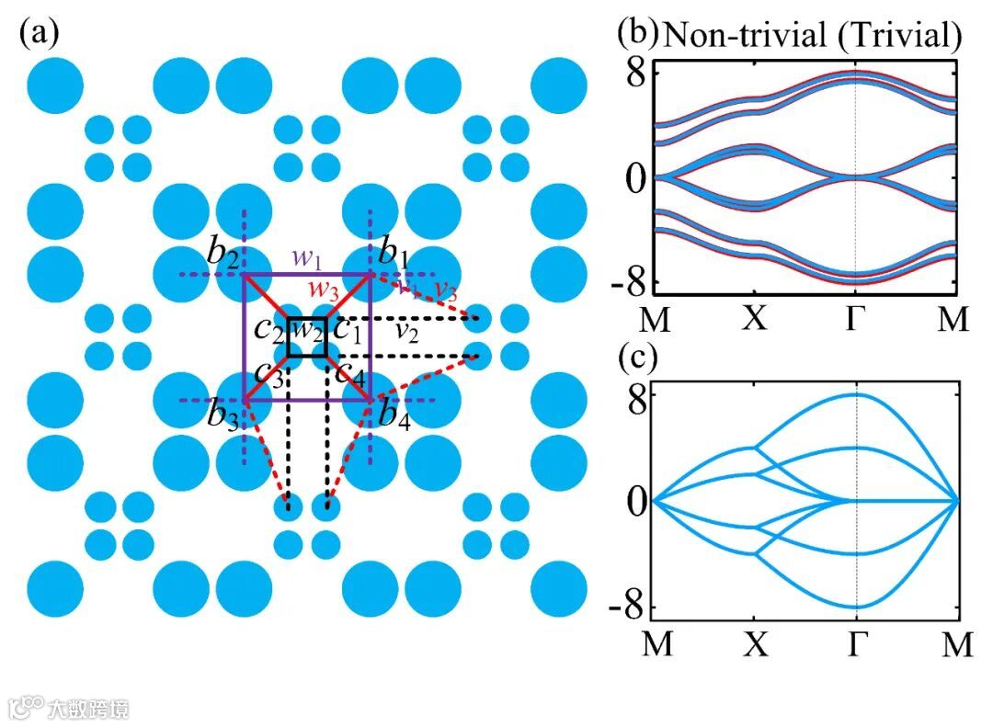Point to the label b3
coord(223,417)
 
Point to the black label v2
coord(406,331)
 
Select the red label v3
coord(445,290)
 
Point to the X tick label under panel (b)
coord(754,318)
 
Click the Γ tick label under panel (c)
coord(856,644)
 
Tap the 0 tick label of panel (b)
coord(633,177)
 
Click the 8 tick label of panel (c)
coord(634,395)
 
